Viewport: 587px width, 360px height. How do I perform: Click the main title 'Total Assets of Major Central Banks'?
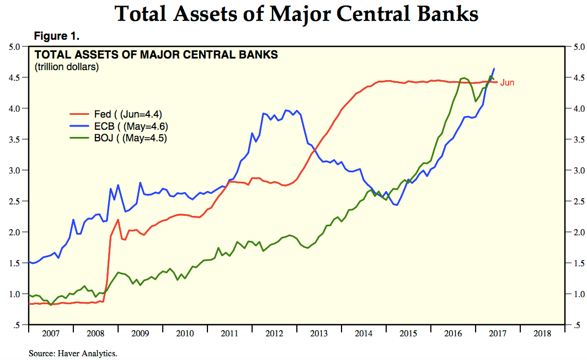point(296,14)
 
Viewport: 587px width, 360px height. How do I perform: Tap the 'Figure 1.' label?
point(57,36)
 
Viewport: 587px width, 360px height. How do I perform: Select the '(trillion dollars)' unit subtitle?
point(67,68)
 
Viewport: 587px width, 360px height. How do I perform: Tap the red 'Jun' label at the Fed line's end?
point(507,83)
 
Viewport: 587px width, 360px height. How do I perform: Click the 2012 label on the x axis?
point(274,333)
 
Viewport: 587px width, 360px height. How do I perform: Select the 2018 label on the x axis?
point(542,333)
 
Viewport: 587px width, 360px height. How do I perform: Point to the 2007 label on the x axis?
point(50,333)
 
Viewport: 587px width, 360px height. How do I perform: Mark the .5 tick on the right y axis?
point(575,325)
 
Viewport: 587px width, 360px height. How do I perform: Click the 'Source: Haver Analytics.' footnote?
point(73,352)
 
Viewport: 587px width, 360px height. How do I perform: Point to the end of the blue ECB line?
point(494,68)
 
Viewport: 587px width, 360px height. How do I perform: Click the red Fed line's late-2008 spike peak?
point(118,220)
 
